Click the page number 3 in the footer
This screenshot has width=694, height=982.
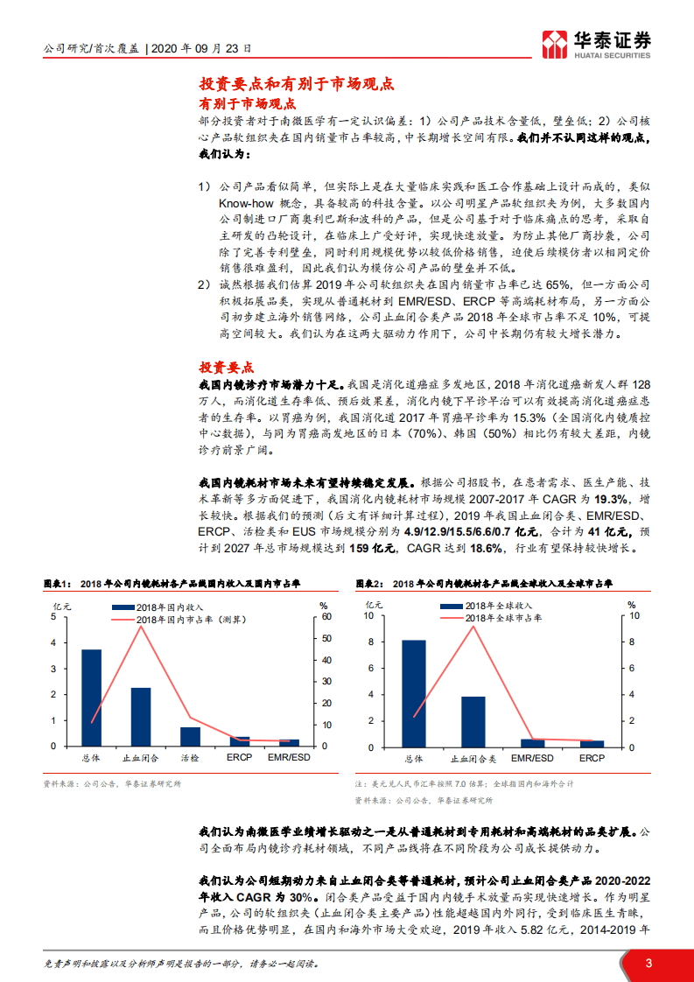(x=648, y=963)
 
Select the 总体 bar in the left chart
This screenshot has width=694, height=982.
(x=91, y=698)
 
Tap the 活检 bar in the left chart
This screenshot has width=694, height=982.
(x=190, y=736)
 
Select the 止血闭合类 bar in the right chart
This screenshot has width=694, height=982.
(x=473, y=721)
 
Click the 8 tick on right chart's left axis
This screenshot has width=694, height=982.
(x=371, y=642)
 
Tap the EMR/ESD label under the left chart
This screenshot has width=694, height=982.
(x=288, y=758)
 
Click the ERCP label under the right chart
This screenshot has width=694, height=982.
(x=592, y=758)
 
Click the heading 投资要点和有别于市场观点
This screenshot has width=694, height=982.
(x=297, y=84)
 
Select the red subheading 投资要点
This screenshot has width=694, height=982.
(x=227, y=368)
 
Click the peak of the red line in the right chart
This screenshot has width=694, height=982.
(x=473, y=626)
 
